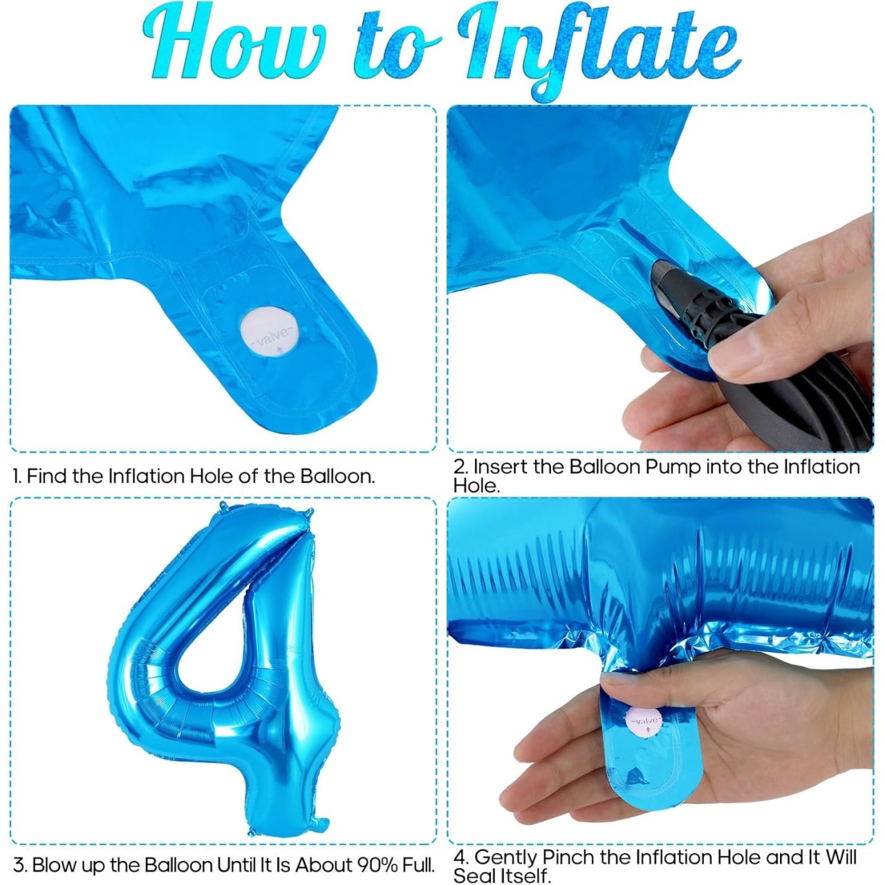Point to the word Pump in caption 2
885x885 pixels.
pyautogui.click(x=671, y=467)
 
